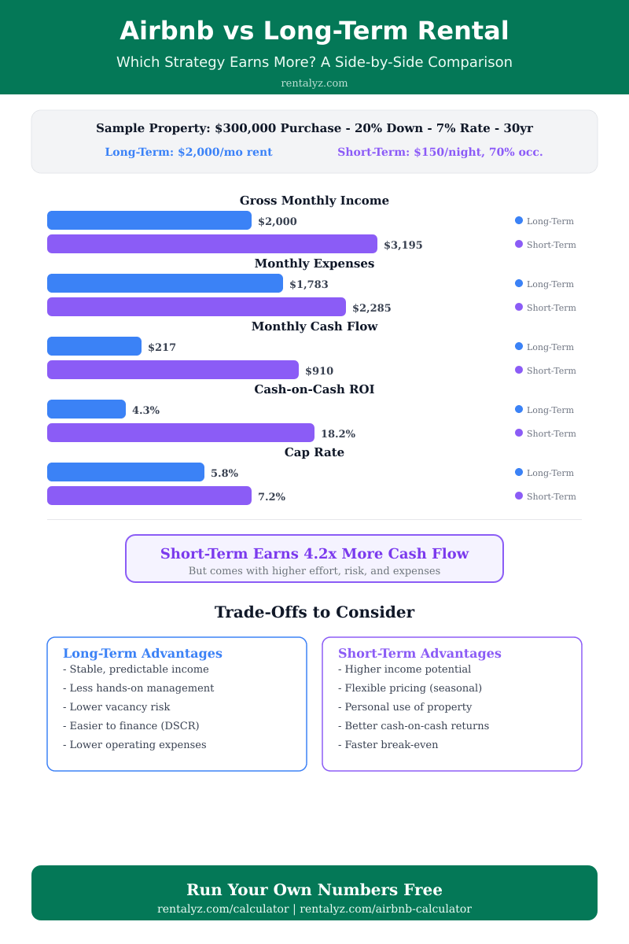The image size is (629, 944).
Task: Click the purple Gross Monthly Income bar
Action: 212,244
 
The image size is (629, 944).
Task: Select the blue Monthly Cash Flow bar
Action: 94,346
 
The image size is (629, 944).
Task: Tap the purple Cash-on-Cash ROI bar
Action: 181,433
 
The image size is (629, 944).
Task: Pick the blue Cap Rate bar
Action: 126,472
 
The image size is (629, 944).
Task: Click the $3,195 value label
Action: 403,245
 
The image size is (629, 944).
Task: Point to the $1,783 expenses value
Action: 309,285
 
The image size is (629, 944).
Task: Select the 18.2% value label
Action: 338,434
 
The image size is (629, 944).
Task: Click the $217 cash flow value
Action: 162,348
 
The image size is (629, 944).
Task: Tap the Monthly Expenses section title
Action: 314,264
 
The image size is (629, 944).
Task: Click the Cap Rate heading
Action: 314,452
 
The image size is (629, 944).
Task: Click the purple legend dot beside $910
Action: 519,370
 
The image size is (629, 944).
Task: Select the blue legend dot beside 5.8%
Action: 519,472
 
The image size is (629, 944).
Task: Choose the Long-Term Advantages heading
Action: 142,654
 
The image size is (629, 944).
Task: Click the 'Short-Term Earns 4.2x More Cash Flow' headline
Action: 314,554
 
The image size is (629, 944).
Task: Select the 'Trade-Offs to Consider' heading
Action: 314,612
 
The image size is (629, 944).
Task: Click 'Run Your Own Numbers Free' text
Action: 314,890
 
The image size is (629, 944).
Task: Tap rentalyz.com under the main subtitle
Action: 314,83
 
